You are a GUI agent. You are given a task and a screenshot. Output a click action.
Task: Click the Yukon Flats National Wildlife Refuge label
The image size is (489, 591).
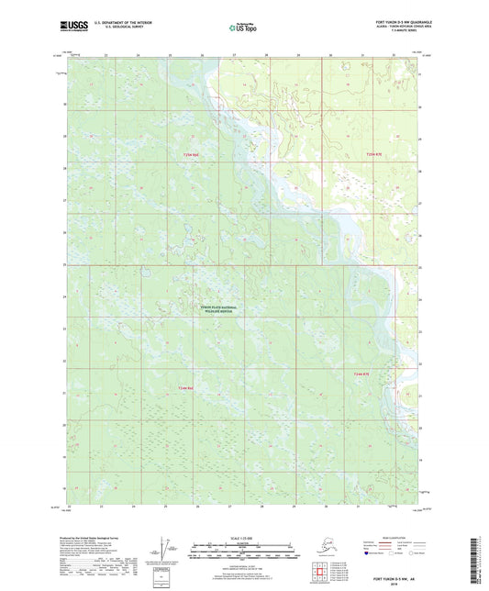click(217, 308)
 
